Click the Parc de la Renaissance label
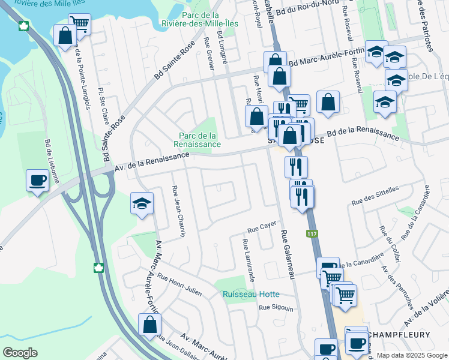[x=197, y=140]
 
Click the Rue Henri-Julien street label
[x=179, y=285]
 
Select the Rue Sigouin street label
[x=276, y=308]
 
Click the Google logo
[x=20, y=352]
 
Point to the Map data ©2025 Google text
[x=411, y=355]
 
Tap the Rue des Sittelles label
[x=375, y=196]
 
